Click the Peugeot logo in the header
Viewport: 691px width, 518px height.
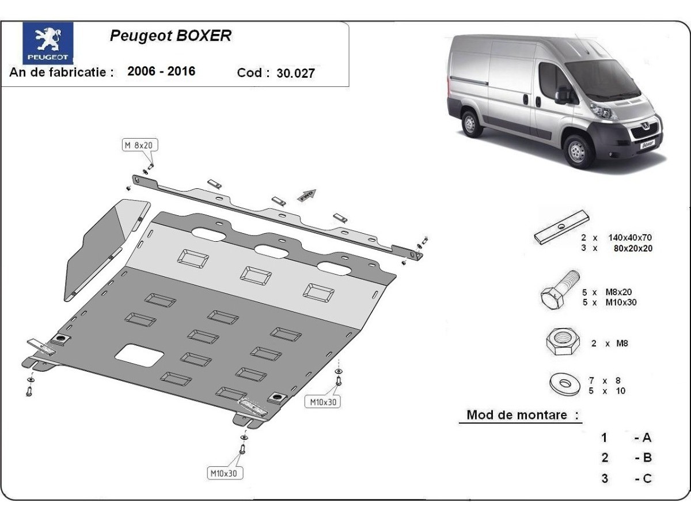[48, 43]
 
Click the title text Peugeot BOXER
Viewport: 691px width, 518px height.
[170, 36]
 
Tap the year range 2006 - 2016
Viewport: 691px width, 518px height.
[161, 71]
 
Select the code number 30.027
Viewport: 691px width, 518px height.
[295, 73]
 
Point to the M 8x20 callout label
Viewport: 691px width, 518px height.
[138, 145]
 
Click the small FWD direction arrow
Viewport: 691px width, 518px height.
[307, 195]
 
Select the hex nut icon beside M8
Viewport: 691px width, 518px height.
[562, 342]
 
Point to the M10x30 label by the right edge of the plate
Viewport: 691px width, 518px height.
[322, 402]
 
